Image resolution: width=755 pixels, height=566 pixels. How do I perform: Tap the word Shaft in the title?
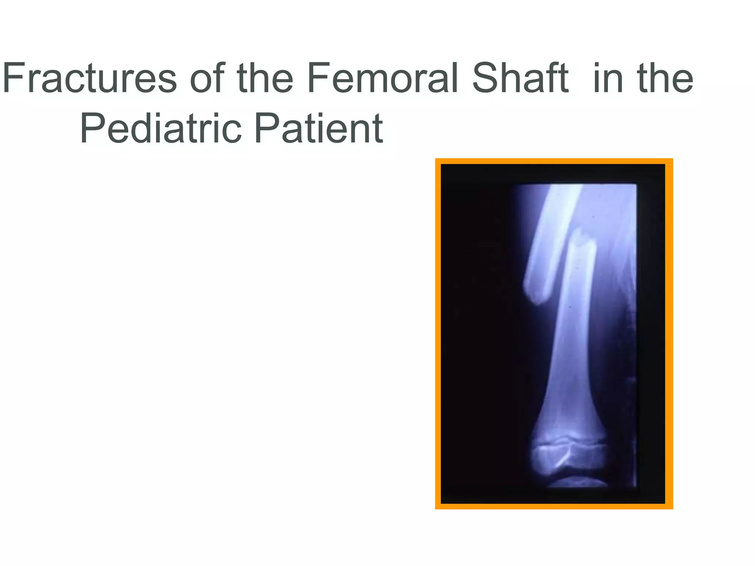[520, 78]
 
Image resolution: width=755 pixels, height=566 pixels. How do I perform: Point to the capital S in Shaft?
[486, 78]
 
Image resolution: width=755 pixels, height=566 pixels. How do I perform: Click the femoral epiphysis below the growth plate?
[570, 461]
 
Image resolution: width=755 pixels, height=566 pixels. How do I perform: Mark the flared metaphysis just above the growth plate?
[570, 420]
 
